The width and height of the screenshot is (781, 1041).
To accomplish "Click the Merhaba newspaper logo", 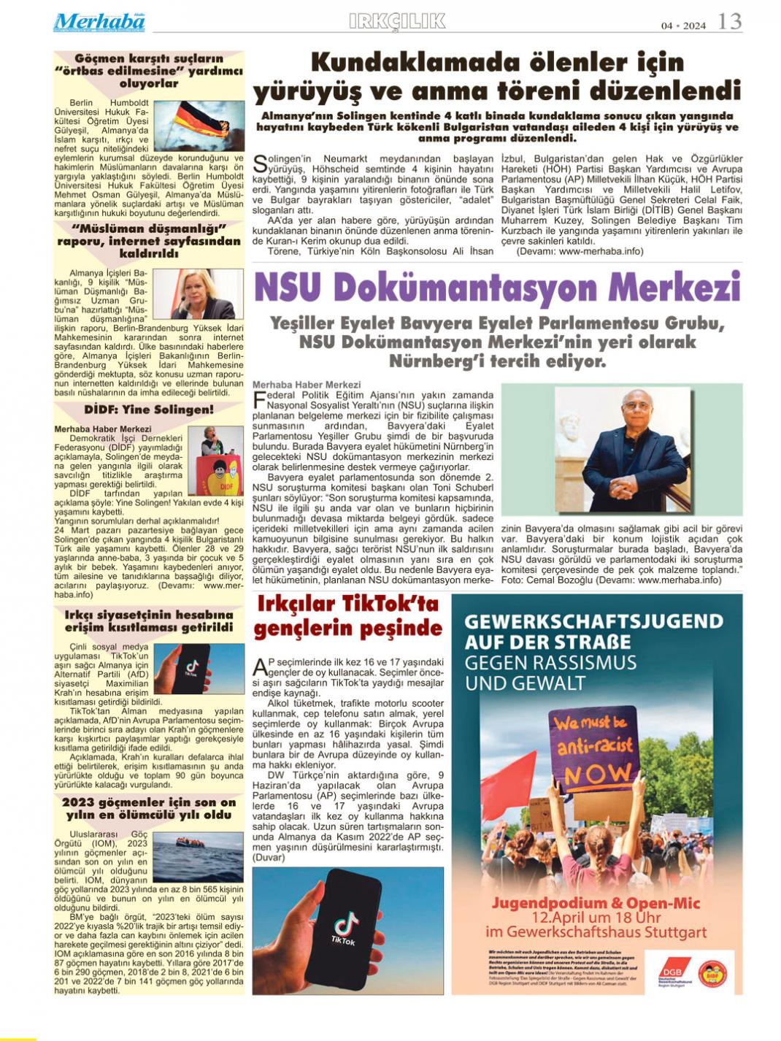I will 99,22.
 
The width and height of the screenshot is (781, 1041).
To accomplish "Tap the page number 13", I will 730,22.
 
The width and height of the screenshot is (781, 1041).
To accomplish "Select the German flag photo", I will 199,125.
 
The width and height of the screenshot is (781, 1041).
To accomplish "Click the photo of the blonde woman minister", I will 197,293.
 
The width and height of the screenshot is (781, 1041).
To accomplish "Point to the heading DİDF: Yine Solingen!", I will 148,410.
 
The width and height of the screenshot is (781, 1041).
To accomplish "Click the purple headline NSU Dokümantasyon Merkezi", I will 497,287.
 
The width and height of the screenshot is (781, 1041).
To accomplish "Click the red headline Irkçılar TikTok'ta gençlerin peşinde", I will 347,616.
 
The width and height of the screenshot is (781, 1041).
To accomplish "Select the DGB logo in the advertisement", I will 671,971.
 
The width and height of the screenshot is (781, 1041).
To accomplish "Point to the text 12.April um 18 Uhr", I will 596,918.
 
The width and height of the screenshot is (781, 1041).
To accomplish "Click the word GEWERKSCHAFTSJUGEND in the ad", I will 593,621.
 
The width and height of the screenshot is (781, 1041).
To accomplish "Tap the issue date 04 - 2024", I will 684,26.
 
